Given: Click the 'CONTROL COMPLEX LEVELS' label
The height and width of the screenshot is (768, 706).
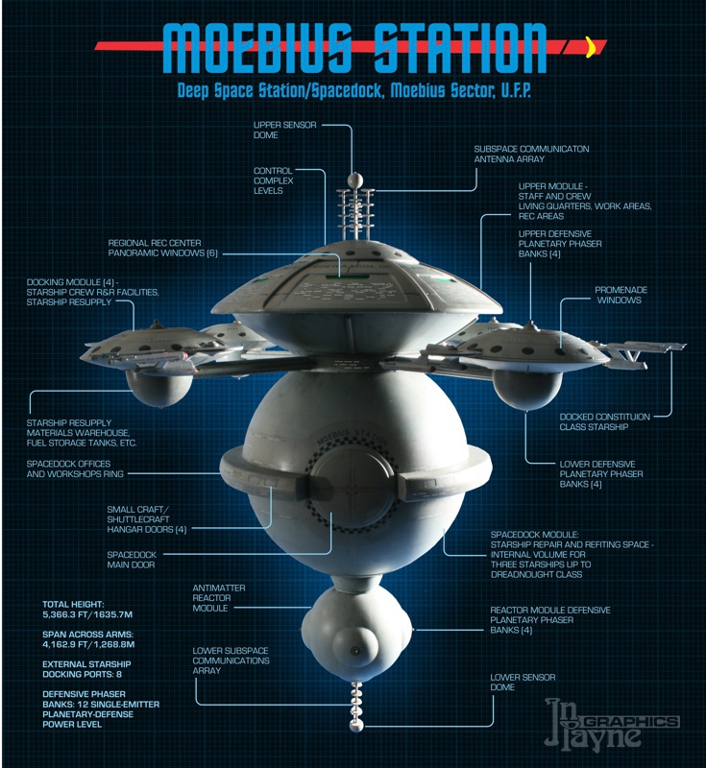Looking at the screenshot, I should tap(273, 180).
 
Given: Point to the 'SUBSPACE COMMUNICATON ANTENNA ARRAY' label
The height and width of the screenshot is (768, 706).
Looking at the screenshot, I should tap(531, 155).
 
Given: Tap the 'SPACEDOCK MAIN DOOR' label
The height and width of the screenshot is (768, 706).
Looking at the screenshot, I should tap(133, 560).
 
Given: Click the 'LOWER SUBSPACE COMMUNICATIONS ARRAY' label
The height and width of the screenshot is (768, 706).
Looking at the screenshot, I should tap(231, 661).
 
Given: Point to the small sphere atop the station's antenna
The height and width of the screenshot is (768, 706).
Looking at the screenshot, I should tap(353, 178).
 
